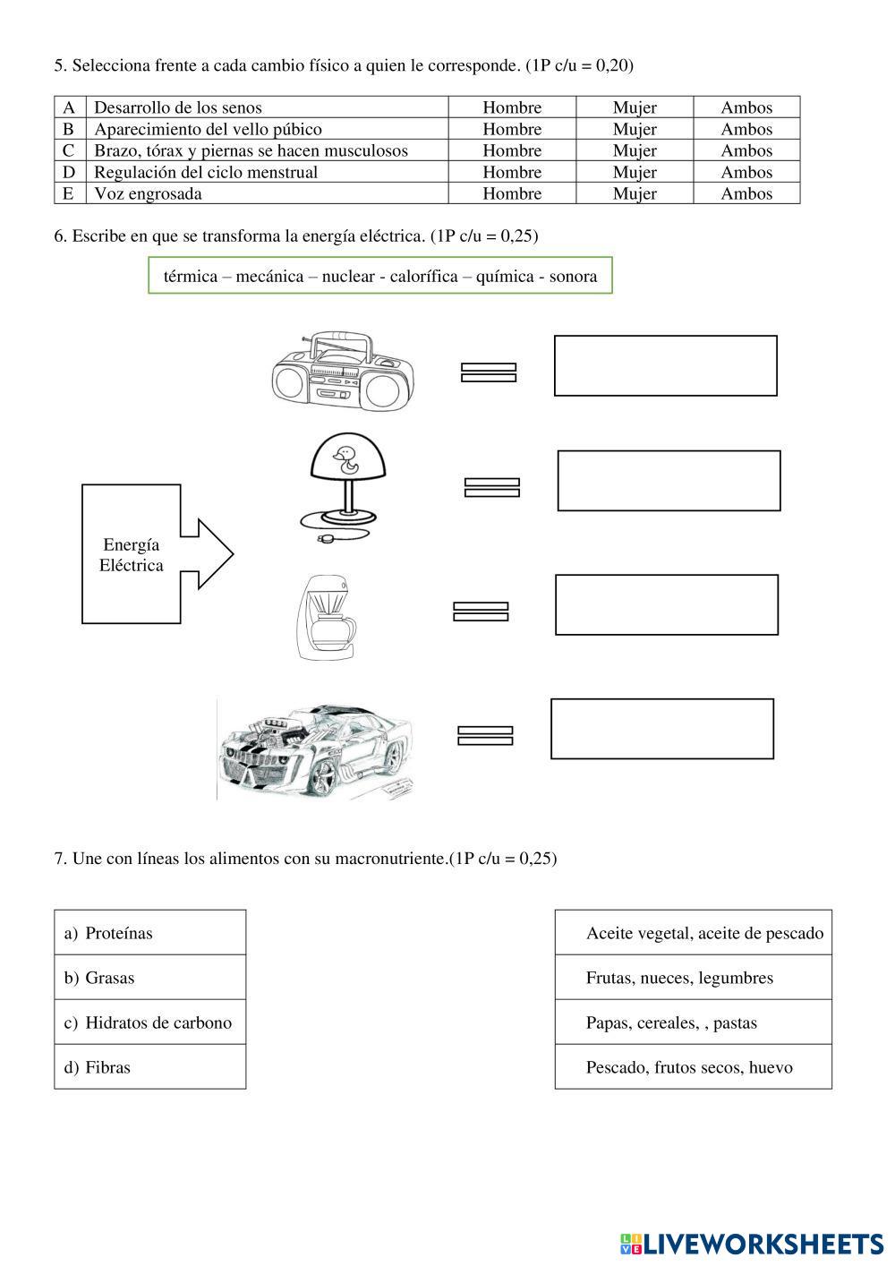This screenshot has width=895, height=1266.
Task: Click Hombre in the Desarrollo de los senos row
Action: (x=512, y=107)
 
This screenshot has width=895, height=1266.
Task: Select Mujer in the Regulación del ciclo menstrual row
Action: (x=635, y=172)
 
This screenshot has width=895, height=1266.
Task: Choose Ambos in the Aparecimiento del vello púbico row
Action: (x=746, y=129)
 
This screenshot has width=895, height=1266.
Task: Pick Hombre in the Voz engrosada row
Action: (x=512, y=193)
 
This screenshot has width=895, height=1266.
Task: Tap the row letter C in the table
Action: (x=69, y=150)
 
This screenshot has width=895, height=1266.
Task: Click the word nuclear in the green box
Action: (x=348, y=276)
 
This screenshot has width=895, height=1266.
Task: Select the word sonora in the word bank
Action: (x=573, y=276)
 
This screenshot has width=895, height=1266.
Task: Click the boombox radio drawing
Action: (x=343, y=372)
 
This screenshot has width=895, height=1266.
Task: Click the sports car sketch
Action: (x=316, y=748)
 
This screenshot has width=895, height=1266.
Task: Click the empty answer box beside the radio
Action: (x=665, y=365)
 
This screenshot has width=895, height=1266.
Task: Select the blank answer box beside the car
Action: (x=661, y=729)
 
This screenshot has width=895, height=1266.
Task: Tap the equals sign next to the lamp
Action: (x=492, y=487)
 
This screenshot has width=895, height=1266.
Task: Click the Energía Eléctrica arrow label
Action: (x=132, y=555)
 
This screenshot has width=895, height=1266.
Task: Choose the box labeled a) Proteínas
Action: (x=149, y=933)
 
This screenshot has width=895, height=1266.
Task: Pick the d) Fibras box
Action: (x=149, y=1067)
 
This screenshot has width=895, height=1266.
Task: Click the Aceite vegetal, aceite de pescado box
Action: (x=694, y=933)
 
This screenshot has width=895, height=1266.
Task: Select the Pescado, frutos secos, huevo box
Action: (x=694, y=1067)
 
